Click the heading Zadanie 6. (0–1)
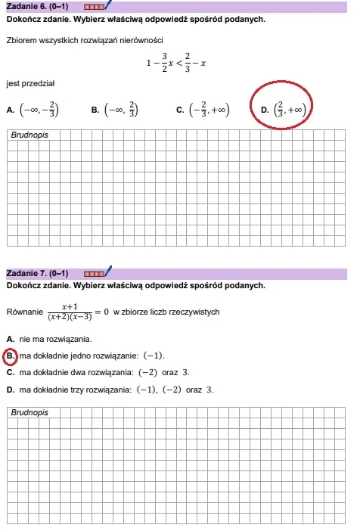click(42, 6)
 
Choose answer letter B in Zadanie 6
click(95, 110)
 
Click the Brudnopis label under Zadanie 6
click(31, 135)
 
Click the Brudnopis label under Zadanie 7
click(31, 413)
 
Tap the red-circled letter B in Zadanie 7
click(10, 356)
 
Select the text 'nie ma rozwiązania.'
click(55, 339)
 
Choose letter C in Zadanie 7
click(9, 373)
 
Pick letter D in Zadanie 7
click(9, 390)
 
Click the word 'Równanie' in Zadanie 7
click(23, 312)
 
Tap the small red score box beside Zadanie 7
click(94, 273)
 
